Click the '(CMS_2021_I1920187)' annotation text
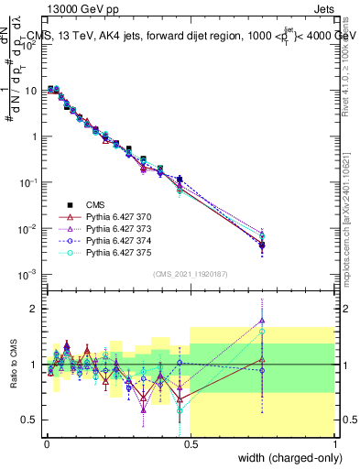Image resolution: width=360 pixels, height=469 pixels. coord(190,273)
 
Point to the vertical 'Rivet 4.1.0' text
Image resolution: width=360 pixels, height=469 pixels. coord(349,73)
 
